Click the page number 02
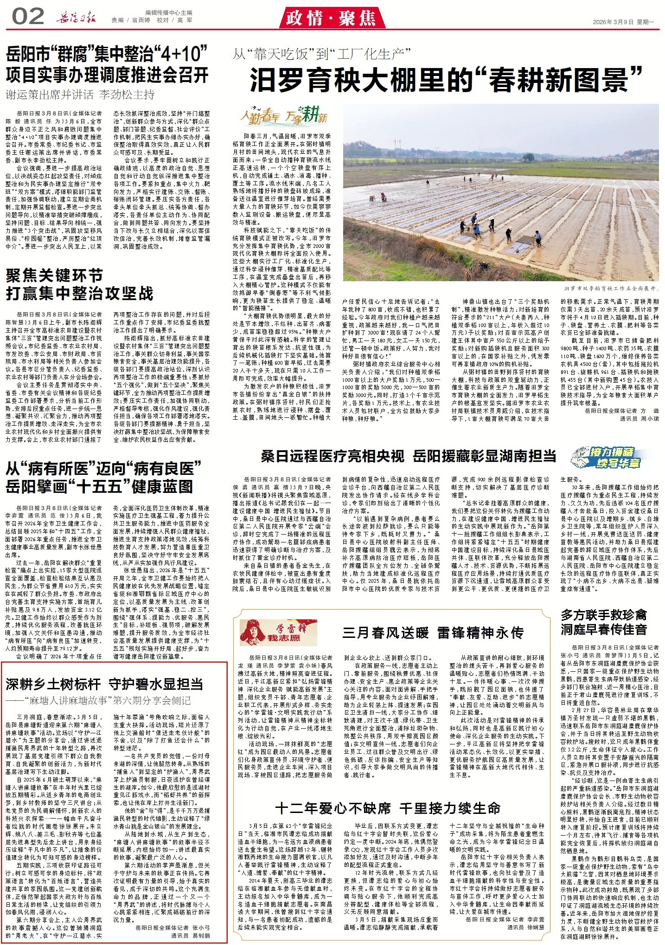click(x=28, y=17)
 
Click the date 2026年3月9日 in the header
click(x=611, y=22)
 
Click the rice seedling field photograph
click(x=500, y=192)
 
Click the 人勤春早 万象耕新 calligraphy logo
click(x=284, y=116)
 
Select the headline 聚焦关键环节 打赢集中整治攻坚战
click(x=79, y=284)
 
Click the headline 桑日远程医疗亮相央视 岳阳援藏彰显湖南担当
click(x=408, y=456)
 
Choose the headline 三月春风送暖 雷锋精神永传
click(x=433, y=633)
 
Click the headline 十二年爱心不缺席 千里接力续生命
click(x=388, y=808)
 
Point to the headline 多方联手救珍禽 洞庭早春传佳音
click(x=603, y=622)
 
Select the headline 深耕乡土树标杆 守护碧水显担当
click(x=104, y=684)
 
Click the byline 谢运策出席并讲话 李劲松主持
click(x=80, y=95)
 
